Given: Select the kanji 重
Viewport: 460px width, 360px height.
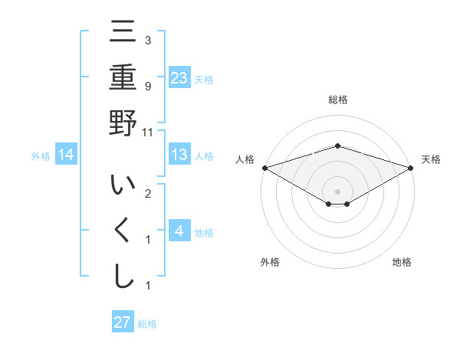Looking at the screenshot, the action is (123, 79).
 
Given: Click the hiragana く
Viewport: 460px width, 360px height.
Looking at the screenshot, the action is (123, 231).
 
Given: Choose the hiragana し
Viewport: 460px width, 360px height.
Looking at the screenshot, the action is (123, 276).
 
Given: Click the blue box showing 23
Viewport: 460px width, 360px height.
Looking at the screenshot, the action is (179, 77).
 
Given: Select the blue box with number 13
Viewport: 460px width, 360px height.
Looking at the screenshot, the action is (179, 155).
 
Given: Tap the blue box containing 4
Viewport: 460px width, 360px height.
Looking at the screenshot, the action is (179, 231).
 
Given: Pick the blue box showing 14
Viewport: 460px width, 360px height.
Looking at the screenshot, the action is (66, 155).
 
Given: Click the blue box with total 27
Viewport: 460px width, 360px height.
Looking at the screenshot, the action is (123, 322).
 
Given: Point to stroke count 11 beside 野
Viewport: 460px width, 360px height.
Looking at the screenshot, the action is (148, 133).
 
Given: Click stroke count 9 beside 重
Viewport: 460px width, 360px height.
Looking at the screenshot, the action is (148, 86).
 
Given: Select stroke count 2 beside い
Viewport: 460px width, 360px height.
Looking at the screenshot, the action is (148, 193).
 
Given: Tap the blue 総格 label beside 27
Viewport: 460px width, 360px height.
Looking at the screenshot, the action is (147, 324).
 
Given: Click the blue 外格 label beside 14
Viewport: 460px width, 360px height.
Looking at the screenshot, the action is (41, 156).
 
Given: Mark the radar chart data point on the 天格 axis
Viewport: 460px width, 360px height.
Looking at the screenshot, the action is (412, 168).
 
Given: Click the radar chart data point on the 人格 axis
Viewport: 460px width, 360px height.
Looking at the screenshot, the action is (264, 168).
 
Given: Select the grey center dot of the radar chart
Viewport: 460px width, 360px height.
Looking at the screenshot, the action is (338, 191).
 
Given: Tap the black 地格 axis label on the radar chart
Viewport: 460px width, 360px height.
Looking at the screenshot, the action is (402, 263).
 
